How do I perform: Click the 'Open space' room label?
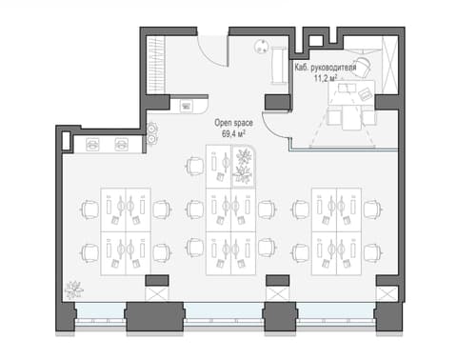[233, 123]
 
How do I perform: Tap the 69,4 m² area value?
[233, 134]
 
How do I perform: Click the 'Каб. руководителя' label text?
[326, 68]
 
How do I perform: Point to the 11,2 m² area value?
[326, 78]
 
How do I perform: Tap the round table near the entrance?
[261, 46]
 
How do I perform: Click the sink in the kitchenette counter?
[186, 106]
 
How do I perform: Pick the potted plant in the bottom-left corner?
[73, 290]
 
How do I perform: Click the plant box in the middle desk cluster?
[243, 167]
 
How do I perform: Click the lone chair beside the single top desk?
[194, 167]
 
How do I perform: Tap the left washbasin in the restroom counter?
[92, 145]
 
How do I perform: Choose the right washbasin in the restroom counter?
[122, 145]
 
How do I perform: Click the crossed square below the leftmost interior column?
[157, 293]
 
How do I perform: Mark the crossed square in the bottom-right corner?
[387, 293]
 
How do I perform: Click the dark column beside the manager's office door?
[277, 102]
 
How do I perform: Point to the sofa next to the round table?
[279, 65]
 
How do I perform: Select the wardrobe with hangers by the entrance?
[156, 65]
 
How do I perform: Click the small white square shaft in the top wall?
[315, 41]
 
